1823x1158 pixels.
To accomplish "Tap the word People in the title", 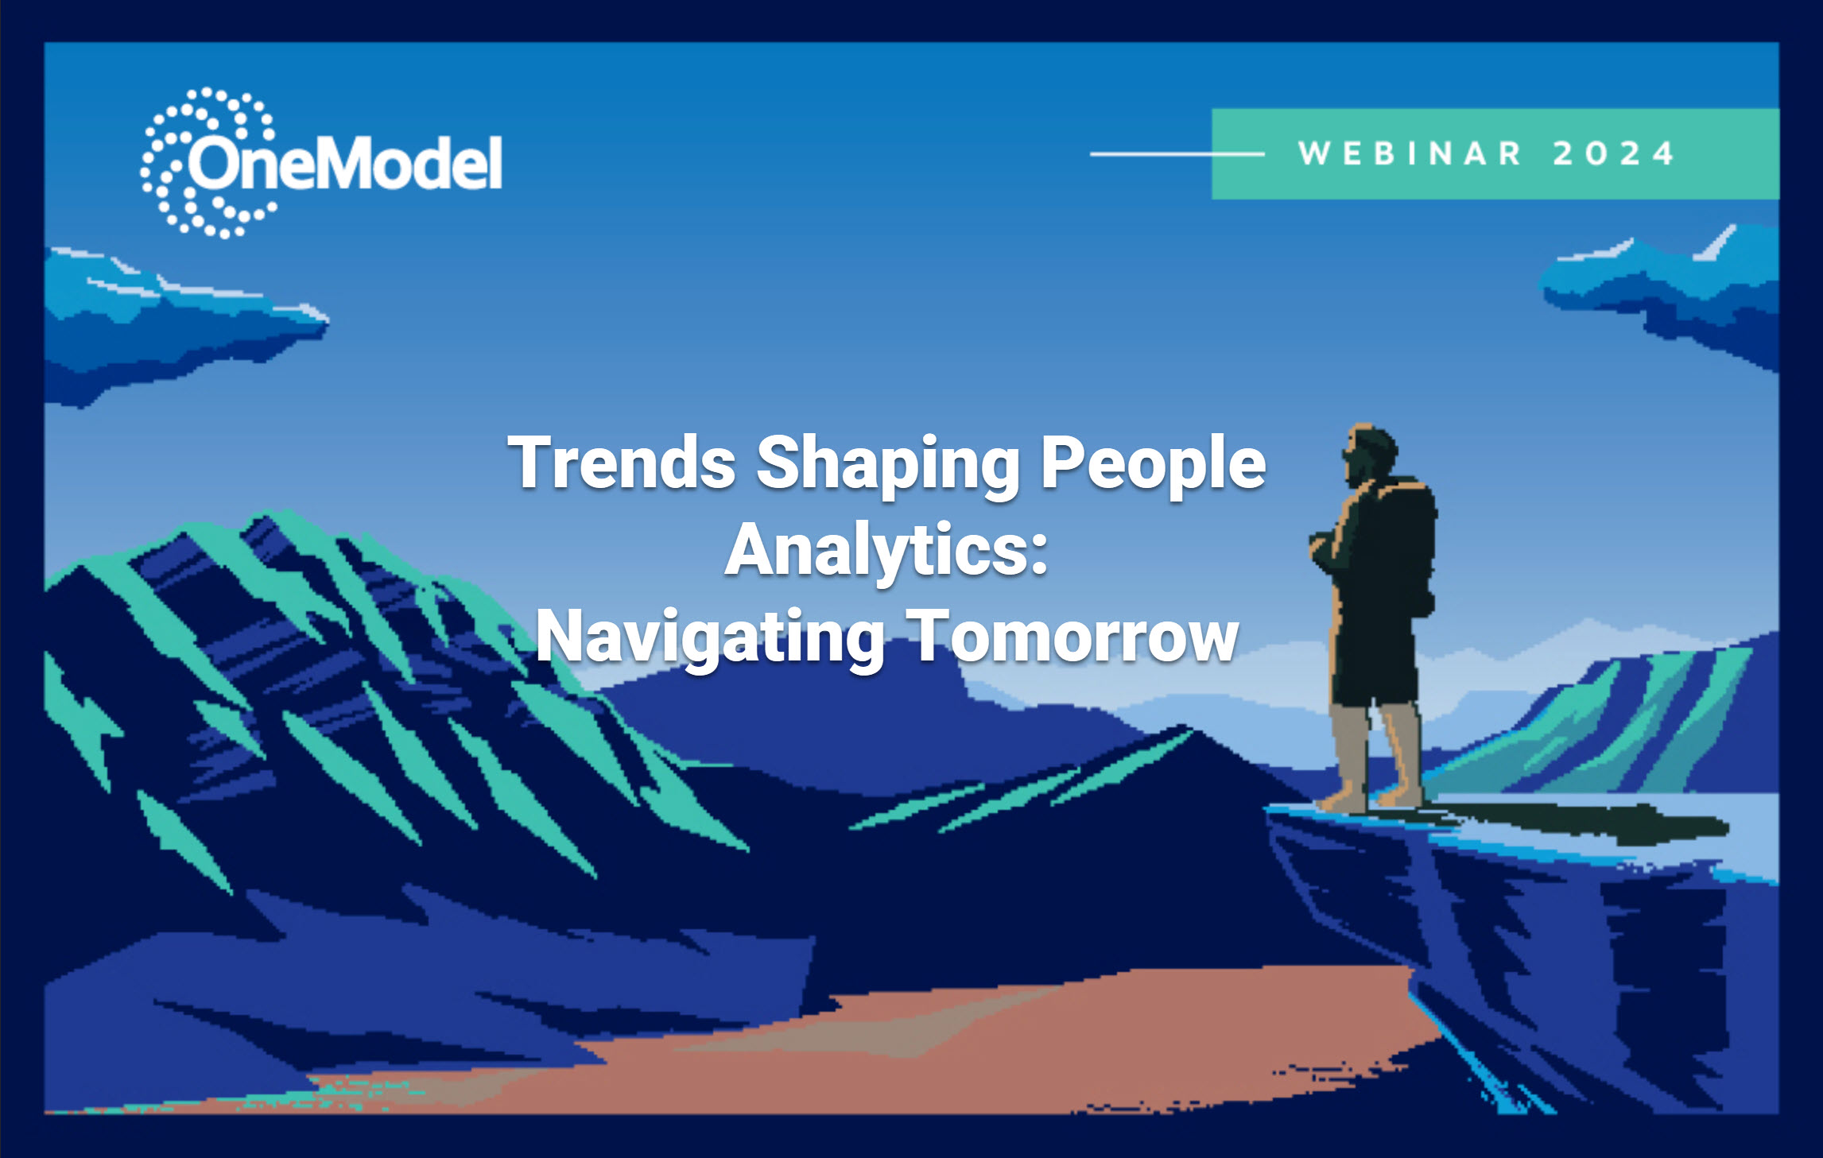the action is [1153, 465].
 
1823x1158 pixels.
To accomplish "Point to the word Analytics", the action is [878, 552].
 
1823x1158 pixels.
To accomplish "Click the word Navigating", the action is [710, 639].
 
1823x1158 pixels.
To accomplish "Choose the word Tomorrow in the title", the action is [1072, 635].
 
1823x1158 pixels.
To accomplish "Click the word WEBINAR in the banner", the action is [1410, 153].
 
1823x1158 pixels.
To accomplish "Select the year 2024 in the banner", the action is [1614, 153].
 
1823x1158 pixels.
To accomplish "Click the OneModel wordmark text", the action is [344, 163].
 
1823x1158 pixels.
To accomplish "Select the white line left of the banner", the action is [1177, 153].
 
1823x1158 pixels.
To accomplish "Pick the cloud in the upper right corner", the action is [1662, 294].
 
